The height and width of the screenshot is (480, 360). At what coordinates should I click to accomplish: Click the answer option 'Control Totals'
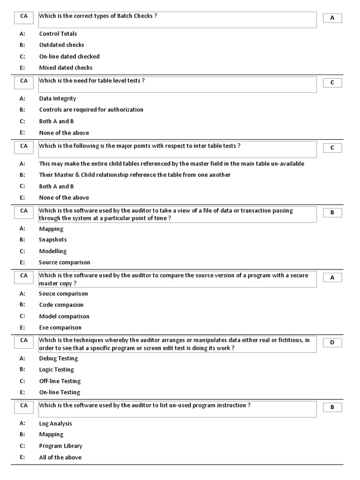pyautogui.click(x=58, y=34)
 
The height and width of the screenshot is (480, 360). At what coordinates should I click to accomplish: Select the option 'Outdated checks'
pyautogui.click(x=61, y=45)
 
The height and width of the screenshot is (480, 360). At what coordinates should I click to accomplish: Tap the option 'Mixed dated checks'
pyautogui.click(x=66, y=67)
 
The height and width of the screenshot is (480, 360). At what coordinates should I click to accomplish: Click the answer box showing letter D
pyautogui.click(x=332, y=343)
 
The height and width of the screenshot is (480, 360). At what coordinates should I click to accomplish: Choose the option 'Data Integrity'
pyautogui.click(x=57, y=98)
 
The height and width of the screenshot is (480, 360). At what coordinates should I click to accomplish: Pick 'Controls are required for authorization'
pyautogui.click(x=91, y=110)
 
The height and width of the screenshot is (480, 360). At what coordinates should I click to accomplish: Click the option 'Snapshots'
pyautogui.click(x=52, y=240)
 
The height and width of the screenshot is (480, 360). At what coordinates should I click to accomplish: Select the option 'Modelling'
pyautogui.click(x=52, y=251)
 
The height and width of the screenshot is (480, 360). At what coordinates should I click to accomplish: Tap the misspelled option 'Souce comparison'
pyautogui.click(x=63, y=294)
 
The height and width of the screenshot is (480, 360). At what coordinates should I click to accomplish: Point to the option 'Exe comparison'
pyautogui.click(x=60, y=328)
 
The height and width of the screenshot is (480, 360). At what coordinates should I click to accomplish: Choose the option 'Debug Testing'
pyautogui.click(x=58, y=359)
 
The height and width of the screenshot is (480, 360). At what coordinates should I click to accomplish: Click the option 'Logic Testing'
pyautogui.click(x=56, y=370)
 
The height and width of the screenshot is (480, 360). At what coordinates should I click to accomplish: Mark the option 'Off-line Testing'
pyautogui.click(x=60, y=381)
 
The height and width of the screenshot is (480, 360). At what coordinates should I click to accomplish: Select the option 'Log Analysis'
pyautogui.click(x=55, y=424)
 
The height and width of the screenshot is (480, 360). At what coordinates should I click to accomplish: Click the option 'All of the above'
pyautogui.click(x=60, y=457)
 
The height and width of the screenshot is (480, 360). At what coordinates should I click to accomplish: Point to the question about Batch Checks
pyautogui.click(x=97, y=16)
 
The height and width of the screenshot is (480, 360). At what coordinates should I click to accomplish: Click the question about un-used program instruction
pyautogui.click(x=144, y=405)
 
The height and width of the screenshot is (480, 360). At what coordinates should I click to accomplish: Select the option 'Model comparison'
pyautogui.click(x=64, y=316)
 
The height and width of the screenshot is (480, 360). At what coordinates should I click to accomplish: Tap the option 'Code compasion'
pyautogui.click(x=61, y=305)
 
